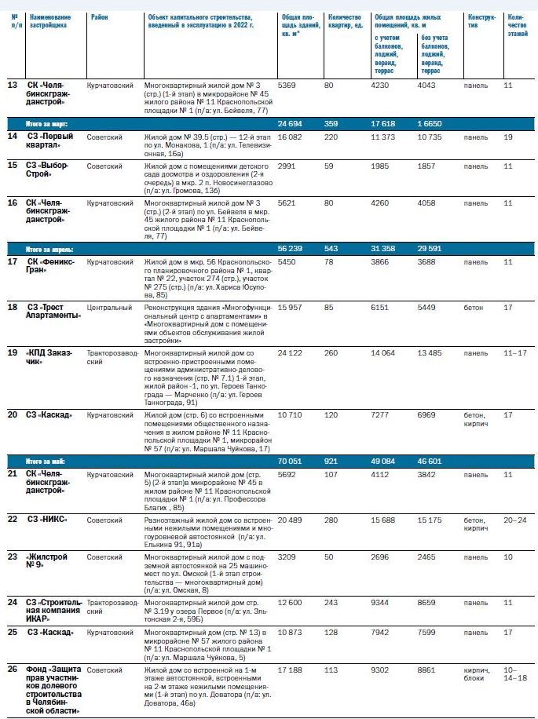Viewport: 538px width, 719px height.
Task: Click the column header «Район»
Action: click(99, 16)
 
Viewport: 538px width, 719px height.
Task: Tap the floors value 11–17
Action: click(515, 352)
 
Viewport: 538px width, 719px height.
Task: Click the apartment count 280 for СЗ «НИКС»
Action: click(335, 520)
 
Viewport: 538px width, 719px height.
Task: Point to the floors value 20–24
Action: click(515, 520)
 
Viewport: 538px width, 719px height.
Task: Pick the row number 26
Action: click(13, 670)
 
